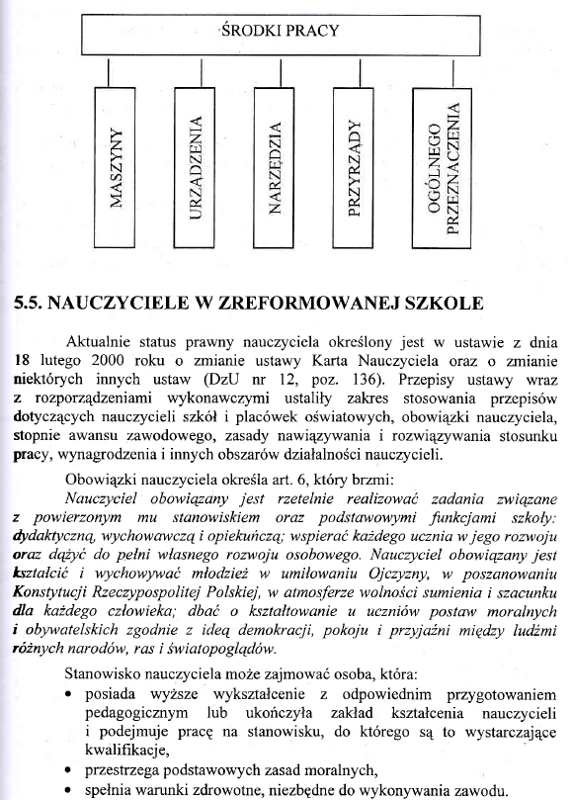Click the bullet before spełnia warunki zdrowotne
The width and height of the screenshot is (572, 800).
pos(66,790)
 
